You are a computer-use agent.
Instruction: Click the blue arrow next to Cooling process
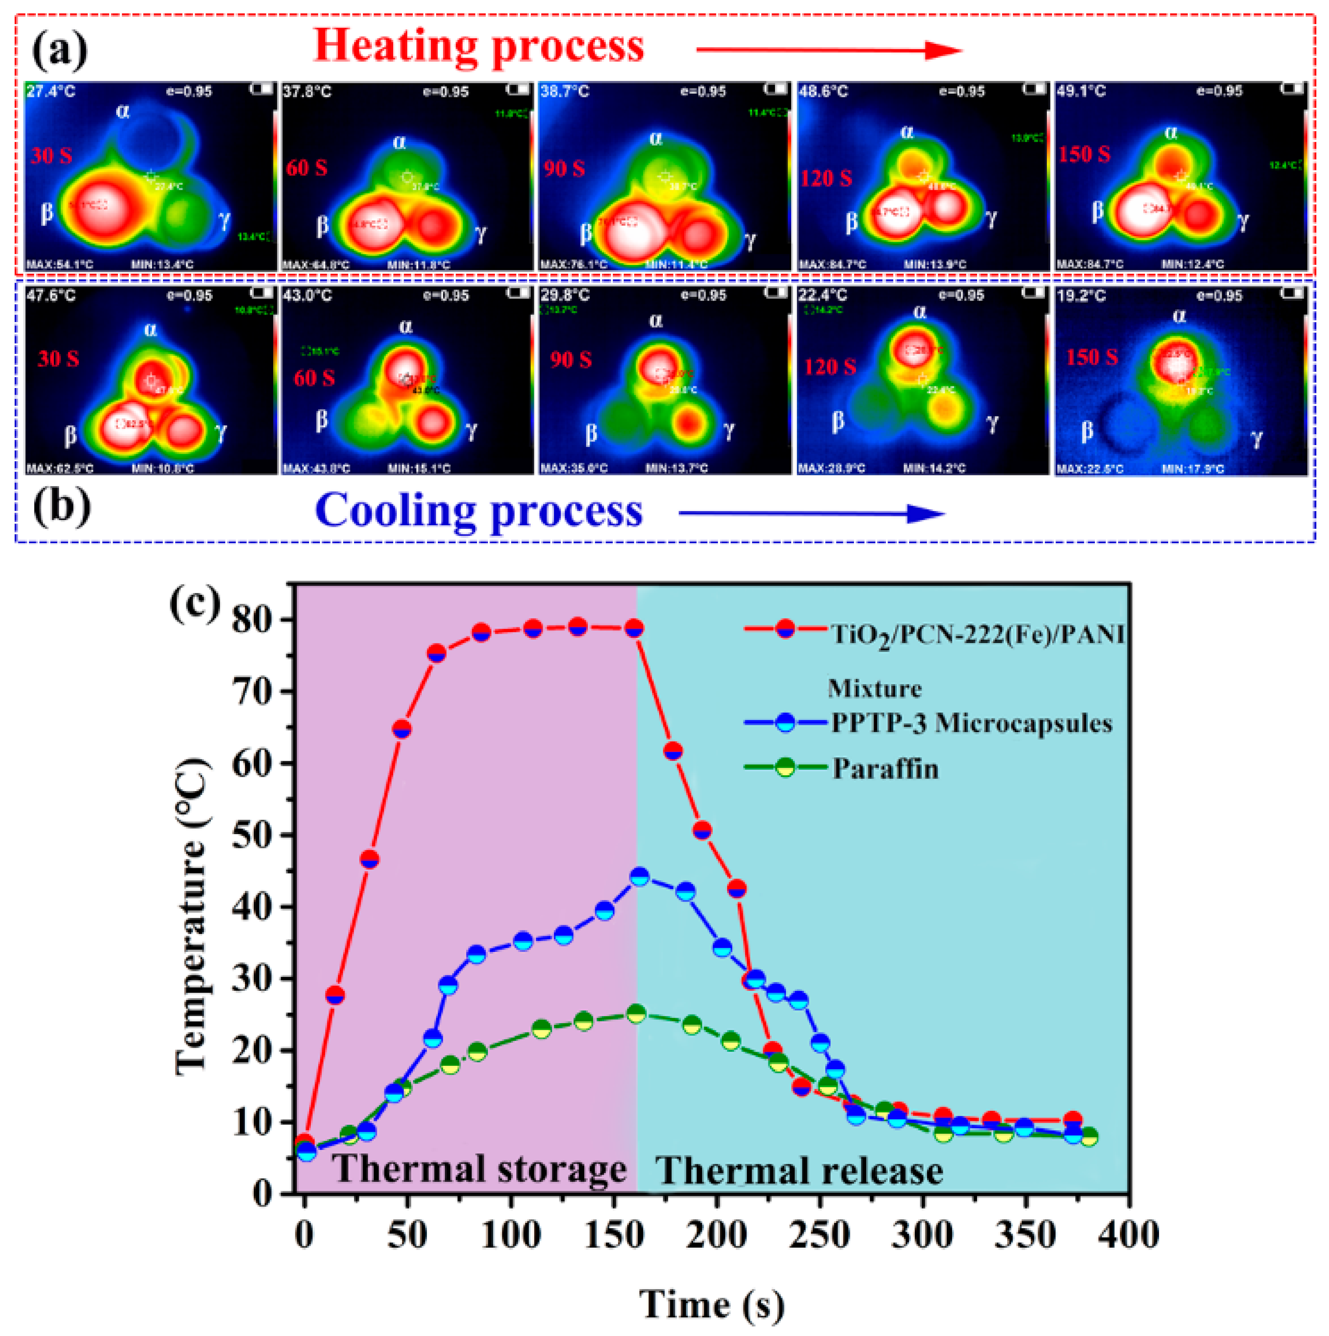811,513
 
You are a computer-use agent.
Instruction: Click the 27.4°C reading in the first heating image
50,91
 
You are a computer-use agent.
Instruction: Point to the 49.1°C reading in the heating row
1081,91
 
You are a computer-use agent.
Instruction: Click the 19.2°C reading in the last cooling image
1081,296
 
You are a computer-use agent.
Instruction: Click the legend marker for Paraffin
785,767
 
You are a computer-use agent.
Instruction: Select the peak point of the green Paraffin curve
636,1014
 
